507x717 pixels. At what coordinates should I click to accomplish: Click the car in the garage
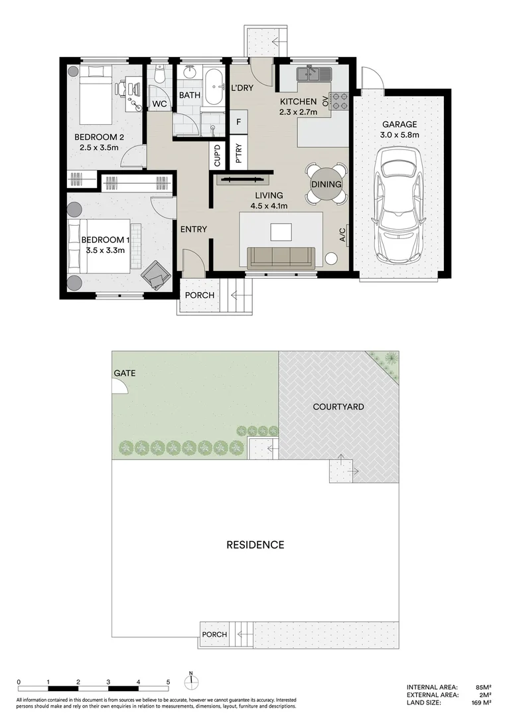tap(399, 205)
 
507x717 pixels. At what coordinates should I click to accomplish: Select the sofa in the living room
tap(281, 257)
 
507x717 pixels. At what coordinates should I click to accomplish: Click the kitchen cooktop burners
tap(340, 100)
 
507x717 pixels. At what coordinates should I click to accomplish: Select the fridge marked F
tap(238, 123)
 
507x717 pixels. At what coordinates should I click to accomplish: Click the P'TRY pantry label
tap(238, 155)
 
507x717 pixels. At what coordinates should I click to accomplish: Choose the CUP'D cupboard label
tap(217, 156)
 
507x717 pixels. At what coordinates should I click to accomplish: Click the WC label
tap(159, 104)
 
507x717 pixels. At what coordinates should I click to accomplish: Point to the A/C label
tap(342, 235)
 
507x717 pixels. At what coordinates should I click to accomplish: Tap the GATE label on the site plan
tap(124, 373)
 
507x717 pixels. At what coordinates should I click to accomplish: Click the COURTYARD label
tap(338, 406)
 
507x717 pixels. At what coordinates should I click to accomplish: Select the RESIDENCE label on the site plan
tap(255, 545)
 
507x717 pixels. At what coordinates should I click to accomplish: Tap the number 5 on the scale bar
tap(168, 682)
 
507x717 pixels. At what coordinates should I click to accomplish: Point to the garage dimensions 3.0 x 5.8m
tap(399, 135)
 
